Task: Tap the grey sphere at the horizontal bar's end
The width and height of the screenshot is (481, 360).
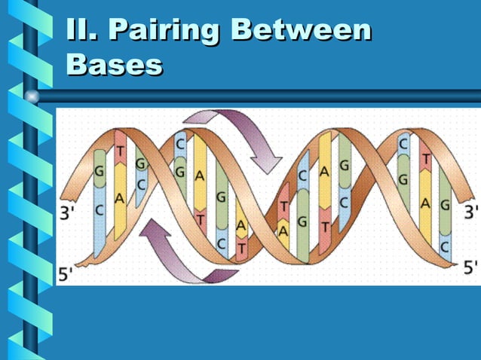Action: [x=32, y=96]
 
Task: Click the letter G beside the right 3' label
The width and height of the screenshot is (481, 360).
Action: [x=446, y=203]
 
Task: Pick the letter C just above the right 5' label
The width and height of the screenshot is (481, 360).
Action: [x=446, y=246]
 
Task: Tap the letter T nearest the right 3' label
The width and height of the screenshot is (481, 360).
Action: [x=426, y=160]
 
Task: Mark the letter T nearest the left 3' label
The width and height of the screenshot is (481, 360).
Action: [x=120, y=151]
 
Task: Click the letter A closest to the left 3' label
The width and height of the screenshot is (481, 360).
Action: [x=119, y=199]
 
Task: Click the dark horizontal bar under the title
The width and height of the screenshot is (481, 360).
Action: [x=256, y=96]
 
